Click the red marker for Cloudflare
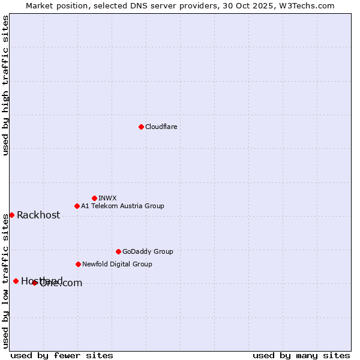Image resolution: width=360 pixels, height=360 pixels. [141, 127]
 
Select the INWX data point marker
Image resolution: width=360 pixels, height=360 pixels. [94, 198]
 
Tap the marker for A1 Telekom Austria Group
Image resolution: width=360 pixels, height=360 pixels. [77, 206]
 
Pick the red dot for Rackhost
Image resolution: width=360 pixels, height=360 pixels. [11, 215]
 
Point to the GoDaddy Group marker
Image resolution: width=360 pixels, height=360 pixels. [118, 251]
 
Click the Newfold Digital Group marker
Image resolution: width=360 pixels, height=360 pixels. [78, 264]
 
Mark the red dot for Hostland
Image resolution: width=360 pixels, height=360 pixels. [16, 281]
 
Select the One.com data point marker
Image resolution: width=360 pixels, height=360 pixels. [34, 283]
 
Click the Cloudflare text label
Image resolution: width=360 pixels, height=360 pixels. [161, 127]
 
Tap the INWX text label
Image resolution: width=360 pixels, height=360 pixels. [107, 198]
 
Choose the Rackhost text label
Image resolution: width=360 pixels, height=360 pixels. [38, 215]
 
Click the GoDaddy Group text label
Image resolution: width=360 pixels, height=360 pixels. [148, 251]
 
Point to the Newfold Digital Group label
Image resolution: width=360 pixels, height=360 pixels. [117, 264]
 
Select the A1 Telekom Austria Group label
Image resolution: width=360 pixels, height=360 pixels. [122, 206]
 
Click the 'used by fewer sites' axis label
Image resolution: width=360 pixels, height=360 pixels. [62, 355]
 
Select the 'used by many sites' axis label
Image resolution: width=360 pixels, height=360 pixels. [301, 355]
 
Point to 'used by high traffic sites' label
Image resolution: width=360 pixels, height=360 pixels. [5, 85]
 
